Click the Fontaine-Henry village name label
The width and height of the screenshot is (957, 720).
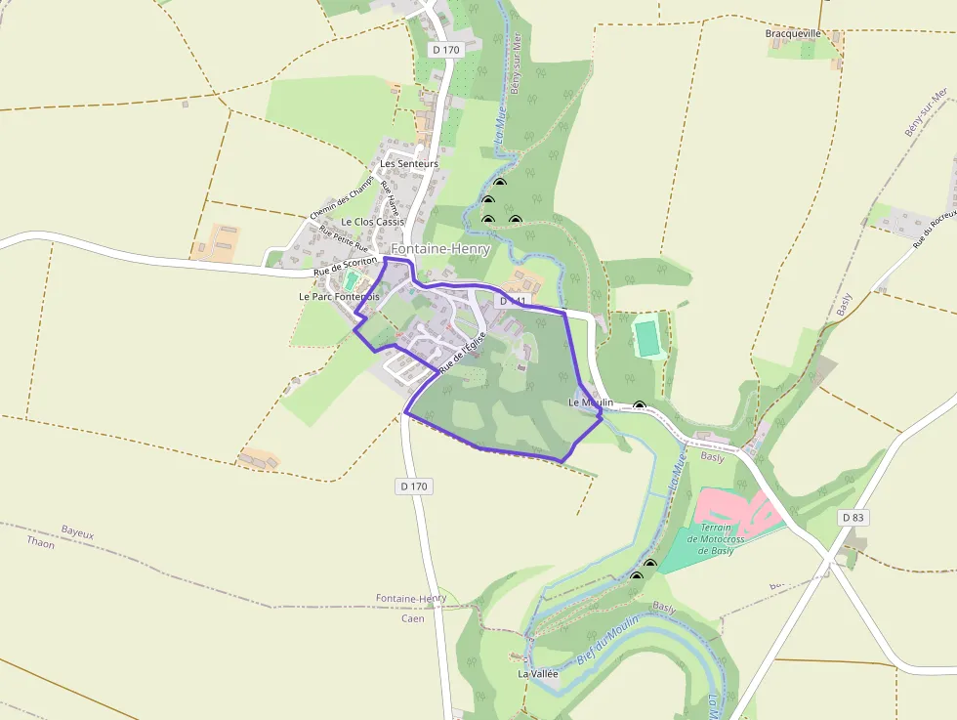440,250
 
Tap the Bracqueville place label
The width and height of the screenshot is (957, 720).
792,33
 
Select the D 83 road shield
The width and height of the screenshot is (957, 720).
853,517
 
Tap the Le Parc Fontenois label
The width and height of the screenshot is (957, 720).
338,296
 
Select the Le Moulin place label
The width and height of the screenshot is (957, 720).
591,402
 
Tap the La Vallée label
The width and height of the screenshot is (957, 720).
537,674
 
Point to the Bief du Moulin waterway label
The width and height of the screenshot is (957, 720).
606,641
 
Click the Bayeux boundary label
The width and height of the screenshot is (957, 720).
77,532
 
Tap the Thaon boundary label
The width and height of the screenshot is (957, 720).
41,543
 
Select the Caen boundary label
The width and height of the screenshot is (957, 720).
412,618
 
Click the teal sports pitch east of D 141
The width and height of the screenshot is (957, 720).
645,338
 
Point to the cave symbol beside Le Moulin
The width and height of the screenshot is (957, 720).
639,406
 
